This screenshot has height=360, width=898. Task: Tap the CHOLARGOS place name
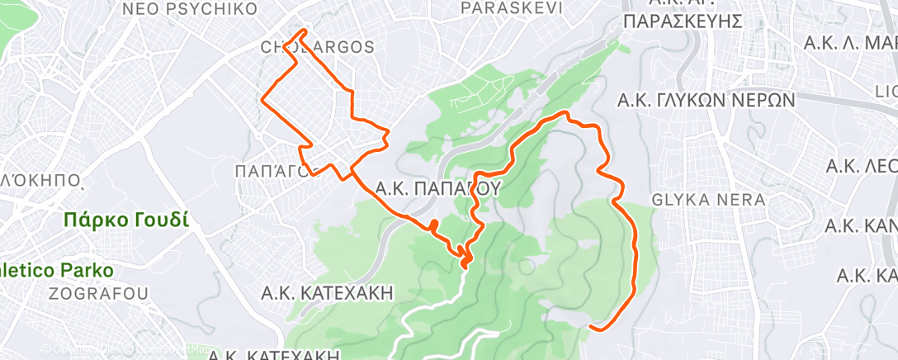[318, 47]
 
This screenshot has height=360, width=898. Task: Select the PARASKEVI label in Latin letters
[512, 7]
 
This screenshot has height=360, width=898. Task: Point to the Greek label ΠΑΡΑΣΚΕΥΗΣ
[685, 21]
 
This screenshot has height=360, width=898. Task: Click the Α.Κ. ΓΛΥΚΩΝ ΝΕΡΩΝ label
[706, 101]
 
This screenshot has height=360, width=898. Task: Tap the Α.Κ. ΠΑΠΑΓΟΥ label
[438, 188]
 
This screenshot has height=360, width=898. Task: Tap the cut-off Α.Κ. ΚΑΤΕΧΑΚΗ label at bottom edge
[273, 355]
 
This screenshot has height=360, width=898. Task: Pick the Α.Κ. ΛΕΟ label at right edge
[861, 166]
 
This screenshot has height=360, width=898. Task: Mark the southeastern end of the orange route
[591, 328]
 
